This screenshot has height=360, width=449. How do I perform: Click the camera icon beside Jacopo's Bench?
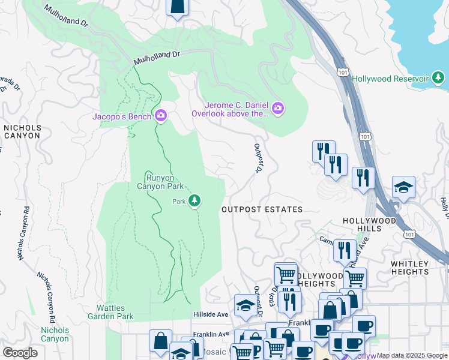pyautogui.click(x=160, y=116)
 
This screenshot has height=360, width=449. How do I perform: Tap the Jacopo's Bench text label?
pyautogui.click(x=122, y=116)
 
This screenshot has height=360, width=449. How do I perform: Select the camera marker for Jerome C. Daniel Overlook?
pyautogui.click(x=278, y=109)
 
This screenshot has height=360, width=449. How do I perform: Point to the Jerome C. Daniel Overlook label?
pyautogui.click(x=230, y=109)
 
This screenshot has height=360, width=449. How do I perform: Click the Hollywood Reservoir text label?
pyautogui.click(x=390, y=79)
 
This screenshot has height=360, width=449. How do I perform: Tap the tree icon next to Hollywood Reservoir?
pyautogui.click(x=439, y=79)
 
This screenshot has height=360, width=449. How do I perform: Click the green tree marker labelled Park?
pyautogui.click(x=194, y=201)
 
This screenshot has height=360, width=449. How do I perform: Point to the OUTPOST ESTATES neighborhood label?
pyautogui.click(x=262, y=209)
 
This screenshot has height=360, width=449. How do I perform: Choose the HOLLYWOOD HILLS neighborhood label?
pyautogui.click(x=370, y=224)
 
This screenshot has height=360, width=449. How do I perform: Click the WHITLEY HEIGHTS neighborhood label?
pyautogui.click(x=418, y=268)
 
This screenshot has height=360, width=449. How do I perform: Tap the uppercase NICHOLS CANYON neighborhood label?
pyautogui.click(x=22, y=131)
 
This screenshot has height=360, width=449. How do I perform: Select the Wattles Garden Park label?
pyautogui.click(x=110, y=312)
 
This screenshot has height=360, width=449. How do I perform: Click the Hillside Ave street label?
pyautogui.click(x=211, y=314)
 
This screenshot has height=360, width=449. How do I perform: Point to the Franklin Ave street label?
pyautogui.click(x=211, y=334)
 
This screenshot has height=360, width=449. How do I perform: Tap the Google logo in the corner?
pyautogui.click(x=20, y=353)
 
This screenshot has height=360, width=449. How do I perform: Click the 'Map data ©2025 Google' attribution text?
pyautogui.click(x=411, y=356)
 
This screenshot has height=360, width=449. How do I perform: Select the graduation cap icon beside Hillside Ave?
pyautogui.click(x=245, y=306)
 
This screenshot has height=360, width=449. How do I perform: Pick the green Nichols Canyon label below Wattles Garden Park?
pyautogui.click(x=55, y=334)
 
